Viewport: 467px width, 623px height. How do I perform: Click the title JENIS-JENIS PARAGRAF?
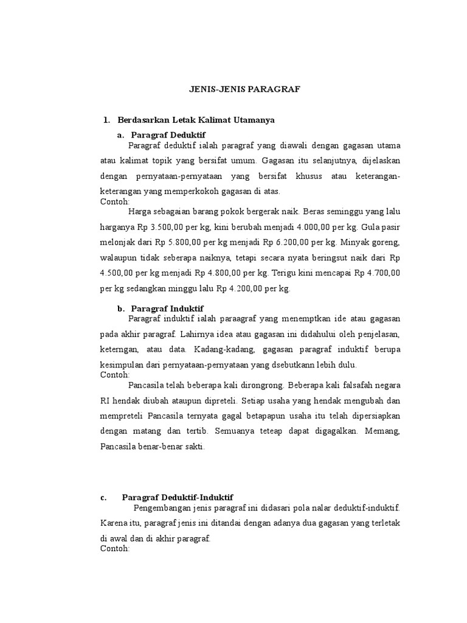point(243,89)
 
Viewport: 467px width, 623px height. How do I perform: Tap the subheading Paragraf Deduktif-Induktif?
point(178,497)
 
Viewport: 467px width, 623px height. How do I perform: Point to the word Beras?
point(315,212)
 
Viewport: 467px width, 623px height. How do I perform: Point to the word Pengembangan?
point(159,507)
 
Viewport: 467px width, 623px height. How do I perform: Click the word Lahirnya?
point(196,334)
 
